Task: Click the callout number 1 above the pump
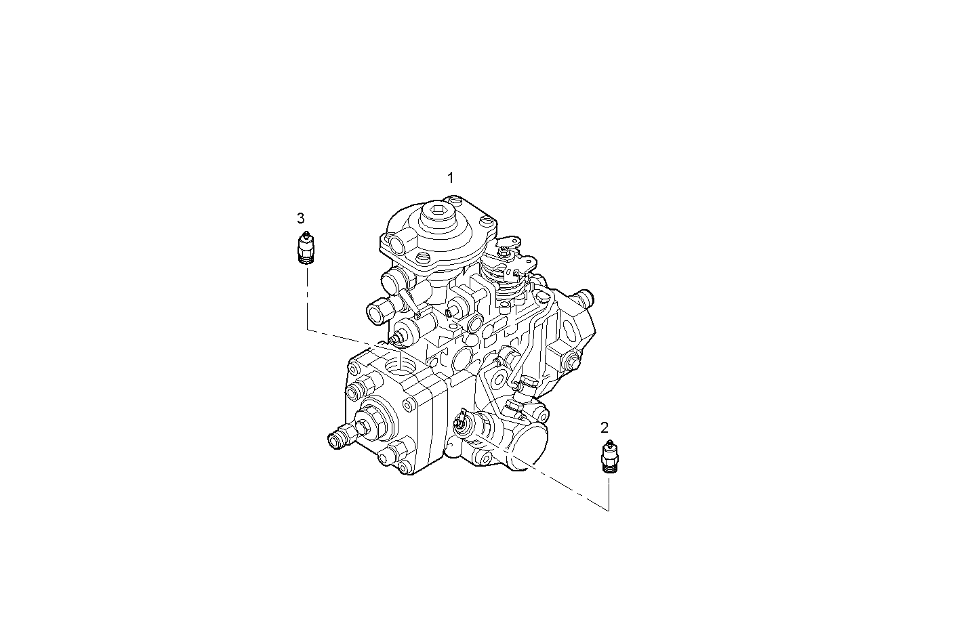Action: pos(450,178)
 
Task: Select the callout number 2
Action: pos(605,427)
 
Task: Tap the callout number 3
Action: pos(301,218)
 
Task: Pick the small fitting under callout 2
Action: pos(610,456)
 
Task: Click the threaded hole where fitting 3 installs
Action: pos(401,366)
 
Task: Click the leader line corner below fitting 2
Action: pos(608,509)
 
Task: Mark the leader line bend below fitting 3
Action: pos(307,330)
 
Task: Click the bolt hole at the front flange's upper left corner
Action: pos(353,369)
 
